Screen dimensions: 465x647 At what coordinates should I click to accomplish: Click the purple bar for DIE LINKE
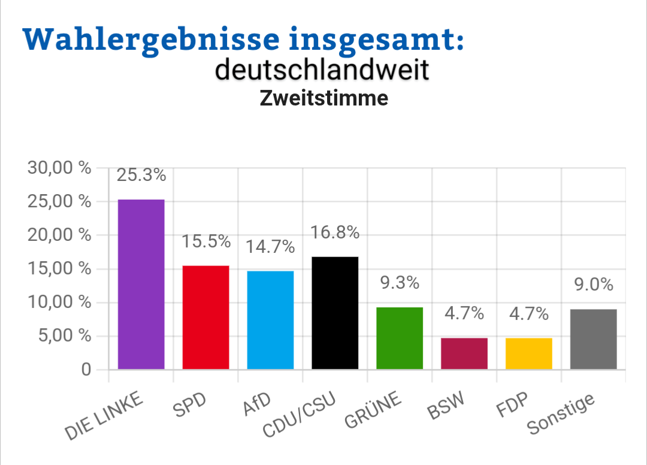tap(141, 284)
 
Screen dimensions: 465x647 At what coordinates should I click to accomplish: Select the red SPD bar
tap(206, 317)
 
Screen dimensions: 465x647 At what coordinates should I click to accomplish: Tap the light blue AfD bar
tap(271, 320)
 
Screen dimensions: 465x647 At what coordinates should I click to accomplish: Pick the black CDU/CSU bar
tap(335, 313)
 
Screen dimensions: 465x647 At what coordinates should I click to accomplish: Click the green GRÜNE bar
tap(400, 338)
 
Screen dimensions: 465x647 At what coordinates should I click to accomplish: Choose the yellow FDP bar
tap(529, 354)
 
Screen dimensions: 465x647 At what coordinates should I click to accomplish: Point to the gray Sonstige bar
tap(594, 339)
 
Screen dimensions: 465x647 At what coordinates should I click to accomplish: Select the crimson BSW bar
tap(464, 354)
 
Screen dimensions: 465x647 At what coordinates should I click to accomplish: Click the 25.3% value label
tap(141, 175)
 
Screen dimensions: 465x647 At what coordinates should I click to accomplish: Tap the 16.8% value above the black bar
tap(335, 232)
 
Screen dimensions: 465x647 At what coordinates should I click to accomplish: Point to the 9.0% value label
tap(594, 285)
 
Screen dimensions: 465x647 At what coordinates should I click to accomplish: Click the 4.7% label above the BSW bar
tap(464, 313)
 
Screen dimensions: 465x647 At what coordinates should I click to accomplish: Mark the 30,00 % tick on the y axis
tap(59, 168)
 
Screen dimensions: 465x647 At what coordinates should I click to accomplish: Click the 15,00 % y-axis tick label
tap(59, 269)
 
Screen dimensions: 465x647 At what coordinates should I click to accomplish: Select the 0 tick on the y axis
tap(86, 370)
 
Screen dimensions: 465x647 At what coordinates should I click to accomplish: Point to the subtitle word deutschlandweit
tap(322, 70)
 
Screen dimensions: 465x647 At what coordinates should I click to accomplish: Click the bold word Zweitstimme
tap(323, 98)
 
